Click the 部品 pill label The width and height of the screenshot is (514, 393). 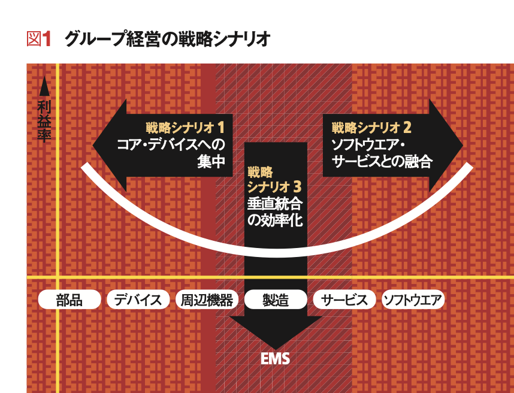(x=69, y=300)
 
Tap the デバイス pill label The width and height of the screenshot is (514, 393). (x=138, y=300)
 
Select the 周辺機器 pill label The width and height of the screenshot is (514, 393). (x=207, y=300)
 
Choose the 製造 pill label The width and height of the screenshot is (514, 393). (x=276, y=300)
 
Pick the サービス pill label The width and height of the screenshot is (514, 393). (x=344, y=300)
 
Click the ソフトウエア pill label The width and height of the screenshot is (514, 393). (x=413, y=300)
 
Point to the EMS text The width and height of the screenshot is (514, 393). (x=276, y=359)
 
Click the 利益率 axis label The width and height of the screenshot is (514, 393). (x=44, y=121)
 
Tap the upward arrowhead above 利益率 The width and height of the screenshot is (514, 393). (x=44, y=86)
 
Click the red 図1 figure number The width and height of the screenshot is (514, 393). (x=39, y=40)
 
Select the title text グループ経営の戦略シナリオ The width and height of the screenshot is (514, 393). (x=167, y=40)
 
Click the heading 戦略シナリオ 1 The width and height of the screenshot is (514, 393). (x=185, y=128)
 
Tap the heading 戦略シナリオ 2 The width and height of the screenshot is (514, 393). (x=371, y=128)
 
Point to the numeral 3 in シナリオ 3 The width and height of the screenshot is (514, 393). (x=297, y=187)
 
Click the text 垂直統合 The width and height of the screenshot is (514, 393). (x=275, y=204)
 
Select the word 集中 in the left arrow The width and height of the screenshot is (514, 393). (x=211, y=161)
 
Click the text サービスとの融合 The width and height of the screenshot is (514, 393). (x=382, y=161)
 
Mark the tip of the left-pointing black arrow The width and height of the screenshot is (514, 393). (x=93, y=145)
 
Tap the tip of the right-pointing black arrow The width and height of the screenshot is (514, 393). (x=463, y=145)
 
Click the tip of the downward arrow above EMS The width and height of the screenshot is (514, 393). (x=276, y=349)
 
